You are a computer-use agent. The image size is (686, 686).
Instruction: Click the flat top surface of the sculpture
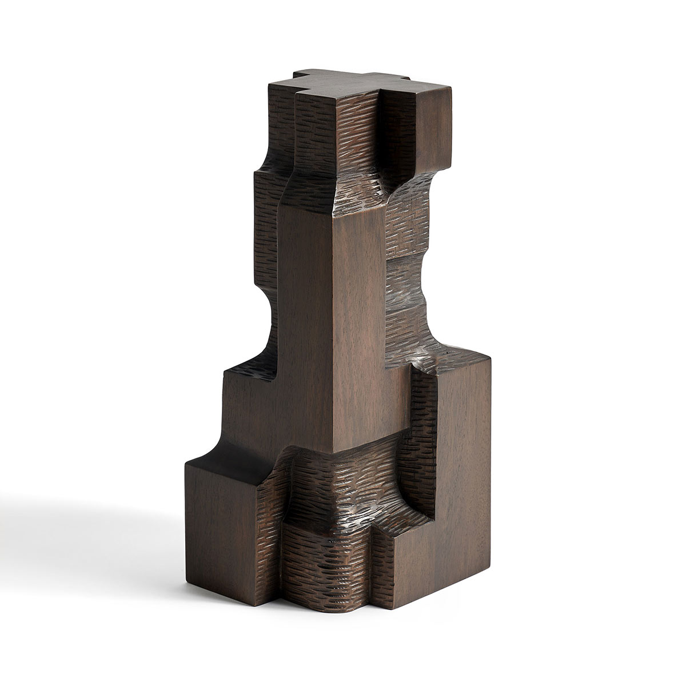tap(343, 86)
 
